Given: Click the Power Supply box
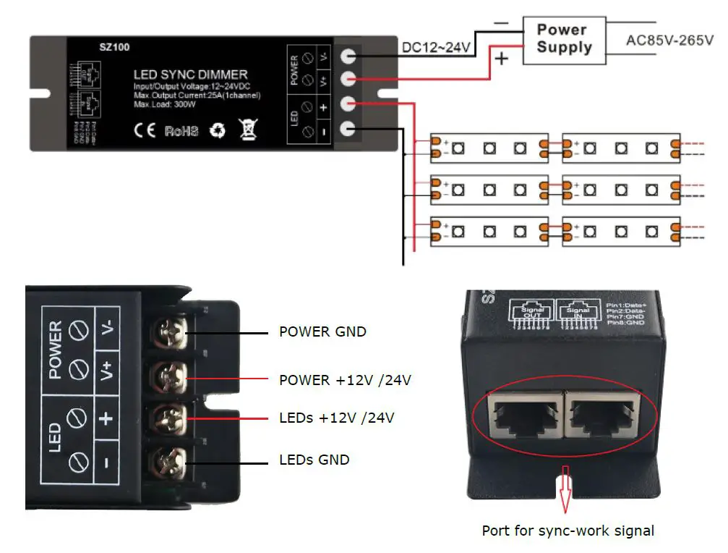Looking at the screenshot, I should pos(564,40).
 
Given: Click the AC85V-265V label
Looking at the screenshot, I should pos(669,40).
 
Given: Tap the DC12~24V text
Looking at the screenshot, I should pos(436,48).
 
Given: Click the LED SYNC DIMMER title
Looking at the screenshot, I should pos(190,75).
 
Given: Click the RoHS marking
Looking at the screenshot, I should pos(181,132).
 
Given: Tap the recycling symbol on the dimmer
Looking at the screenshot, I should pos(218,131).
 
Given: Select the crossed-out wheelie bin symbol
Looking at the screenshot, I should pos(248,131).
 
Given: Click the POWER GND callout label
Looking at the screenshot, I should pos(322,332).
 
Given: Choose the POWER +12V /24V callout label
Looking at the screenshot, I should pos(345,380).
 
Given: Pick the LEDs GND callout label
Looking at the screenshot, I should pos(314,460).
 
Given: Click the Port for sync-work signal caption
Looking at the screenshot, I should pos(568,531).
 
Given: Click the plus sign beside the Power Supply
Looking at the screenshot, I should pos(503,58).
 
